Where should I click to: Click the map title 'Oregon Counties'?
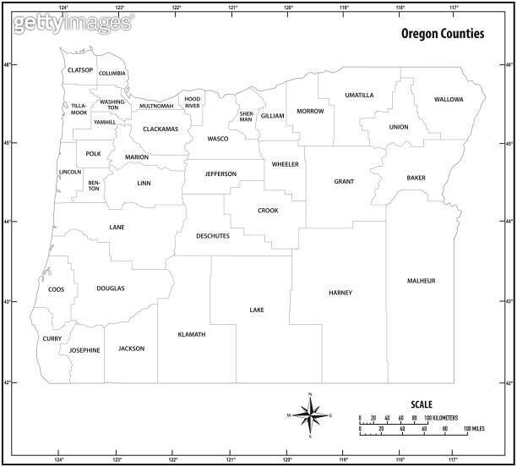[x=442, y=35]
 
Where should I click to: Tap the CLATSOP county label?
[x=80, y=70]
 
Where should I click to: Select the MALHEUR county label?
[x=421, y=280]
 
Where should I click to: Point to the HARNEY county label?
[x=340, y=293]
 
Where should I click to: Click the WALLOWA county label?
[x=449, y=99]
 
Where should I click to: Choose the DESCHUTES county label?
[x=213, y=236]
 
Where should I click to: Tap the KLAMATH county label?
[x=192, y=334]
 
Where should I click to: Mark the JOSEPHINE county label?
[x=84, y=349]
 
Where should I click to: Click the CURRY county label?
[x=52, y=338]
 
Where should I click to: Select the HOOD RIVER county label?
[x=193, y=102]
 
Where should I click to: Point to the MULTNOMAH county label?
[x=156, y=106]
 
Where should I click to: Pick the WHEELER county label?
[x=285, y=163]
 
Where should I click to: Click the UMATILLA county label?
[x=359, y=95]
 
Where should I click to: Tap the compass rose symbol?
[x=310, y=415]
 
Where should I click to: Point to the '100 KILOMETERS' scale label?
[x=441, y=418]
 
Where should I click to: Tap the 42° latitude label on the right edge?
[x=509, y=382]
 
